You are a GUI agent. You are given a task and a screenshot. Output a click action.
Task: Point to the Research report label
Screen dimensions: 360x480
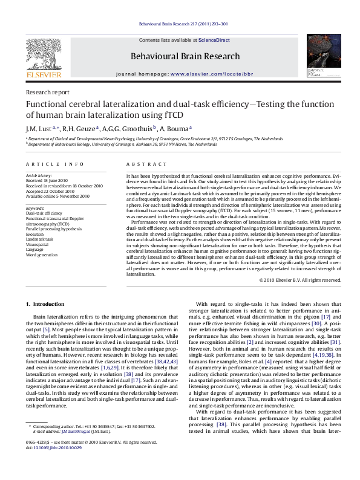(x=47, y=92)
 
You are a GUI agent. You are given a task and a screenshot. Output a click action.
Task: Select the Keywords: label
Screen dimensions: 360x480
(x=35, y=208)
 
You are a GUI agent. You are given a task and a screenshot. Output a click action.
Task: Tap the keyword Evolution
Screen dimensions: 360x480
(x=36, y=233)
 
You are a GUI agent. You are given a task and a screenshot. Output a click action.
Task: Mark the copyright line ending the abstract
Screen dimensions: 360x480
(x=309, y=280)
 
